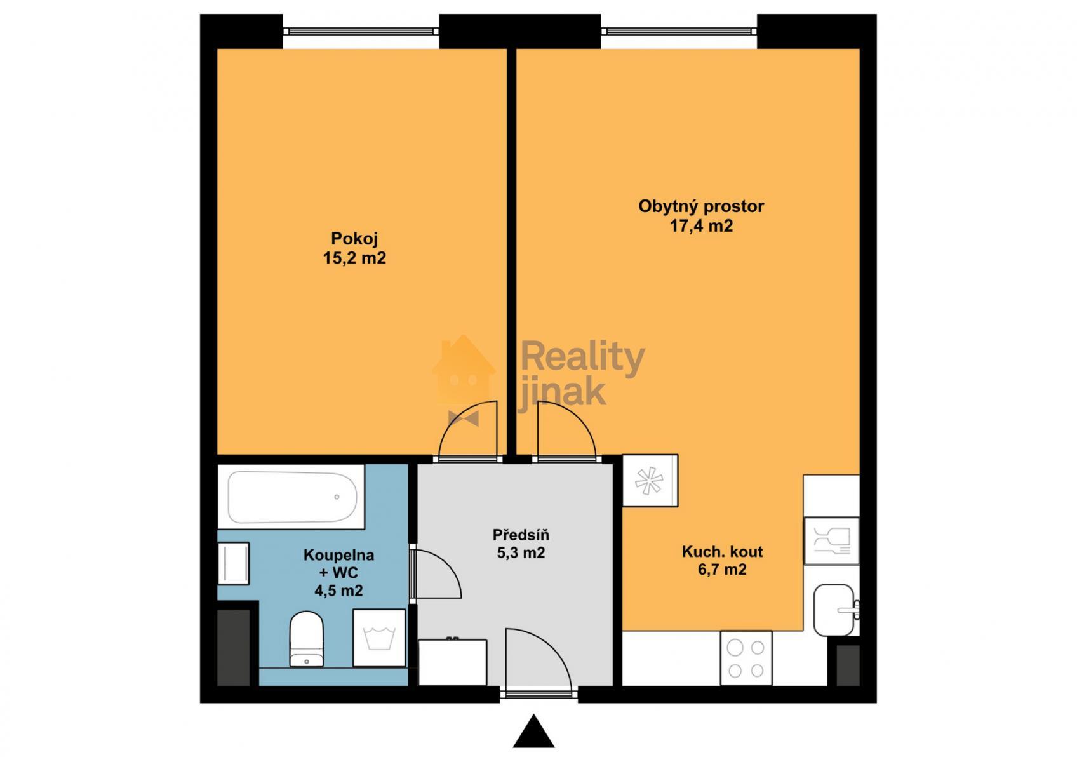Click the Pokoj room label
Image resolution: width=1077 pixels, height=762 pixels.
[354, 239]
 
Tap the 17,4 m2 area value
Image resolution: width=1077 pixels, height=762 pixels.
[702, 225]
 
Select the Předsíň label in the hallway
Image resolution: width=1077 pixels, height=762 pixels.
[521, 535]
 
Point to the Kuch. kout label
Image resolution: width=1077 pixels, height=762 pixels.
[722, 551]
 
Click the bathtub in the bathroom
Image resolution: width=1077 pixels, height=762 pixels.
[291, 497]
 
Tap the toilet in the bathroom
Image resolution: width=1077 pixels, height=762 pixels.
[306, 639]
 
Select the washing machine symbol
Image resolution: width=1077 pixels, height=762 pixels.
[379, 638]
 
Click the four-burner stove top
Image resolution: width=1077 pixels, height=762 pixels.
[746, 658]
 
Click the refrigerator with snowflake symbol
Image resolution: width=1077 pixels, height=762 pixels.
[650, 481]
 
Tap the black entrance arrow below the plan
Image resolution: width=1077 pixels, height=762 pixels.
[533, 731]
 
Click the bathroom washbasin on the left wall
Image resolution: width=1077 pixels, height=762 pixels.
[233, 563]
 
